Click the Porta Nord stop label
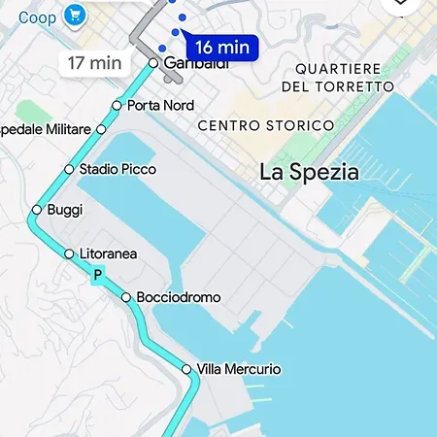(160, 105)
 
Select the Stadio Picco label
(118, 169)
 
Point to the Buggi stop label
(65, 210)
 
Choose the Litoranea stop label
(108, 254)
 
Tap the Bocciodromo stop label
(179, 297)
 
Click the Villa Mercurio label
(239, 370)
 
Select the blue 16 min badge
(221, 47)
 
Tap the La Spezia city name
(310, 173)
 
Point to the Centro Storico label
(265, 126)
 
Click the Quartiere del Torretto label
(338, 78)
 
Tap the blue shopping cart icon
(74, 15)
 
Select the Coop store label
(37, 17)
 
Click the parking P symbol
(97, 277)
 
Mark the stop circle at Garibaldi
(153, 63)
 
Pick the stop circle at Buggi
(37, 210)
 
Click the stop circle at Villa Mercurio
(186, 370)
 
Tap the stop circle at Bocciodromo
(126, 297)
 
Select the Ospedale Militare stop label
(47, 128)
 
